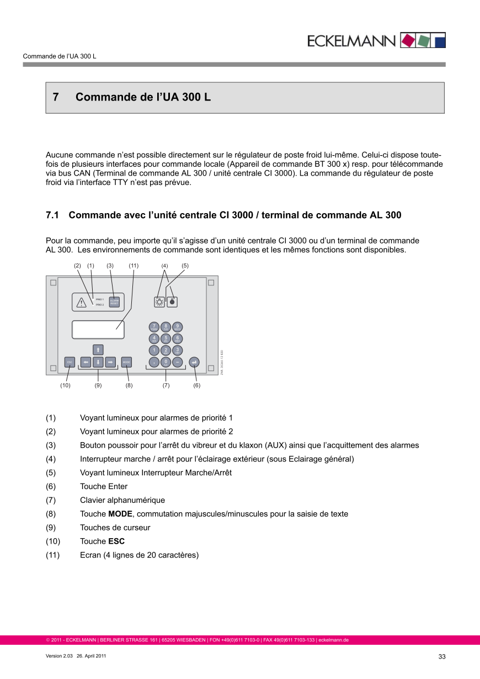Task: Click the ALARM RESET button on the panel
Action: [114, 302]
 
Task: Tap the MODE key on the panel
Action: [126, 362]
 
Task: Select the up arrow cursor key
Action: [98, 349]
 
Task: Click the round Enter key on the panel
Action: [194, 362]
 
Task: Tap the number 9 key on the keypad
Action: [178, 327]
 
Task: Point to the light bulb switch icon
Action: [159, 301]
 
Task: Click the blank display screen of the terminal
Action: [98, 330]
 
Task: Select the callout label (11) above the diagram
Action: [134, 266]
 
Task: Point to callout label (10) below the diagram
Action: [66, 386]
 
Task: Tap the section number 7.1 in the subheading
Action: [52, 215]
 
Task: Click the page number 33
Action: [442, 656]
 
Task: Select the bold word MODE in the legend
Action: [121, 514]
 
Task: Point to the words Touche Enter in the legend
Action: [104, 486]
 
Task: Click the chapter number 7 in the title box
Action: [56, 97]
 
